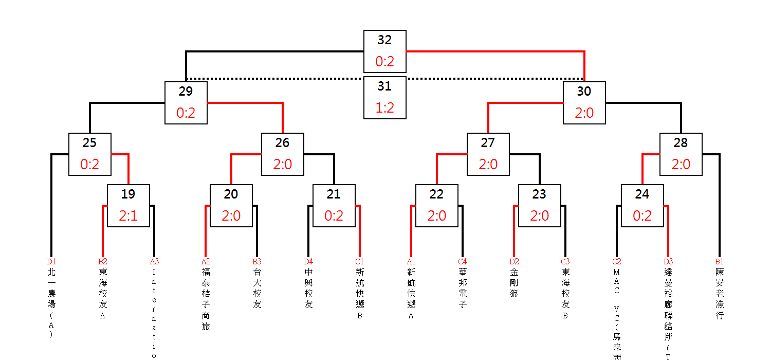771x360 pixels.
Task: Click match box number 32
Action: [x=384, y=51]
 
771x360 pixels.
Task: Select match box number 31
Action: [x=384, y=98]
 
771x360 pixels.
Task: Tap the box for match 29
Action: [x=186, y=103]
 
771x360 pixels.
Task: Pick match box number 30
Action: [x=584, y=103]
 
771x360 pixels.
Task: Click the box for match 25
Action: [x=89, y=154]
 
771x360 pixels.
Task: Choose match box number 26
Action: [x=282, y=154]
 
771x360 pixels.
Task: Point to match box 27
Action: [x=488, y=154]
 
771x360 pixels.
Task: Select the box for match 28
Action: [x=681, y=154]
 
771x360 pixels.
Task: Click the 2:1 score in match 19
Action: [x=128, y=216]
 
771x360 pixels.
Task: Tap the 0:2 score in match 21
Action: [x=334, y=216]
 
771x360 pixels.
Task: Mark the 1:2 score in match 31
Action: [x=384, y=109]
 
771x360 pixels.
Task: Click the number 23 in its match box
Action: [x=539, y=194]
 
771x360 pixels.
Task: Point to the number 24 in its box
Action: [x=642, y=194]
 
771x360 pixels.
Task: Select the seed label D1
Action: [x=51, y=262]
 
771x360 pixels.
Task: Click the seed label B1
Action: [x=719, y=262]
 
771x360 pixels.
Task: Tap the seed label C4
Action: [x=462, y=262]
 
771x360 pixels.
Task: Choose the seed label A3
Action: [x=154, y=262]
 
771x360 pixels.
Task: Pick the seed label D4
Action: [x=308, y=262]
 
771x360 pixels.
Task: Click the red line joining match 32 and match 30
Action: [x=493, y=51]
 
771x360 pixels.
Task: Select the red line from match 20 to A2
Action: [x=206, y=231]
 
